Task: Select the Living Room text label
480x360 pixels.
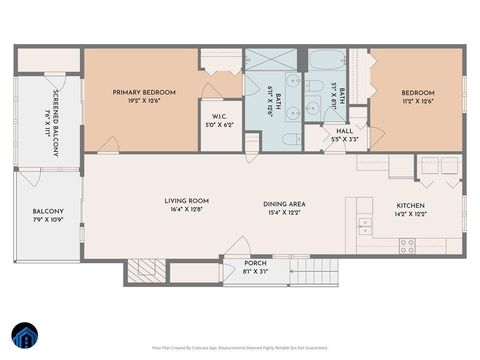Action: [x=186, y=201]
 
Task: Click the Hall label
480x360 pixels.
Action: [x=345, y=130]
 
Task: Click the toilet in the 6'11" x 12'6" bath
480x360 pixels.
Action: [x=291, y=139]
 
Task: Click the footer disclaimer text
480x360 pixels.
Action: [x=239, y=348]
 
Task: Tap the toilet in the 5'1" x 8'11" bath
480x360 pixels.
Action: [x=313, y=86]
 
